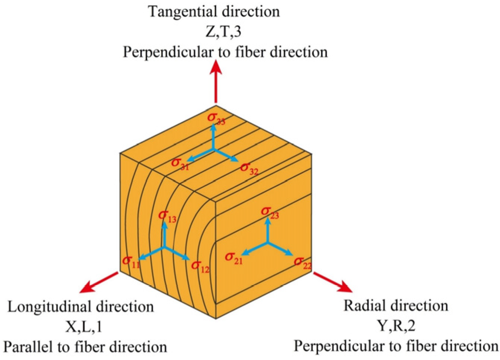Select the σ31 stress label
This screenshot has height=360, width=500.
point(180,164)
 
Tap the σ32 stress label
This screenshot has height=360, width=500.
point(249,169)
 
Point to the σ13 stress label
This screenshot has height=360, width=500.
point(167,216)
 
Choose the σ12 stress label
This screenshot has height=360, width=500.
point(200,266)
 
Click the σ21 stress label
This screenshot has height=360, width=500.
point(233,258)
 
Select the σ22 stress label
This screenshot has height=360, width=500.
point(302,263)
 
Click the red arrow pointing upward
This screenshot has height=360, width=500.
point(216,82)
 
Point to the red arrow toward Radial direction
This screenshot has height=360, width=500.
point(332,282)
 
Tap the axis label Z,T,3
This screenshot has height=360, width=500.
point(223,32)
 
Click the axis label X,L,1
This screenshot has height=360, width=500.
point(84,327)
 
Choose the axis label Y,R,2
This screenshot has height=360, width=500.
point(396,326)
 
